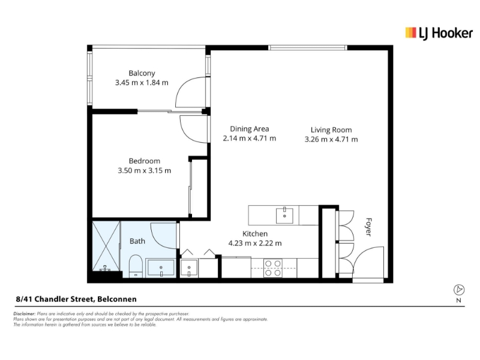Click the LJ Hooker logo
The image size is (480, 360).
[439, 33]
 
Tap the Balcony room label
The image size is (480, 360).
[142, 73]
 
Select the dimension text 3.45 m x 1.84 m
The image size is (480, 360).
[142, 83]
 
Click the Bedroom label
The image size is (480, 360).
[145, 161]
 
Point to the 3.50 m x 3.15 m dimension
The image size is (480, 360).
[145, 170]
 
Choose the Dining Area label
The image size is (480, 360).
[250, 129]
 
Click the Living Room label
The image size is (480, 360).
[331, 130]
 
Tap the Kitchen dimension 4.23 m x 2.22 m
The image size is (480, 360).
[255, 244]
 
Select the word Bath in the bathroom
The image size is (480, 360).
[137, 241]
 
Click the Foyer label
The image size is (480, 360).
[368, 227]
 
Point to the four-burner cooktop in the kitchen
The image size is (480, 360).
[273, 268]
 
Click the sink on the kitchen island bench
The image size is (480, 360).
[284, 215]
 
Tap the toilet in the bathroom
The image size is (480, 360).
[136, 266]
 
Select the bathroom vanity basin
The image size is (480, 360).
[161, 268]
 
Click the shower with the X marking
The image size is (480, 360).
[106, 246]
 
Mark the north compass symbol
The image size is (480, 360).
[458, 290]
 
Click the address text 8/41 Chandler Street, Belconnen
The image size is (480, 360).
[76, 299]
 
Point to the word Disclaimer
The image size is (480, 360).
[25, 314]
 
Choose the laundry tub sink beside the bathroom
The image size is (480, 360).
[189, 268]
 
